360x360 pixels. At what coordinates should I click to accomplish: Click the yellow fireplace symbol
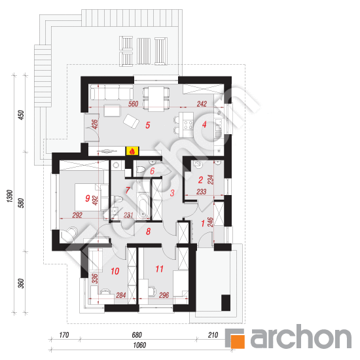click(x=132, y=151)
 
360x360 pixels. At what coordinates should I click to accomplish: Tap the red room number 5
click(x=148, y=125)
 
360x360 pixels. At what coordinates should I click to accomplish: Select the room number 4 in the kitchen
click(x=204, y=124)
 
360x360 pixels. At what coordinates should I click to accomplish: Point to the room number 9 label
click(x=87, y=198)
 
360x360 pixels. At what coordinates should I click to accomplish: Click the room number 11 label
click(x=159, y=269)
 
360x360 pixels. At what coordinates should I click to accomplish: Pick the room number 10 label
click(x=115, y=271)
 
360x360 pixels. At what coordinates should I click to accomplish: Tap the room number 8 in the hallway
click(x=149, y=232)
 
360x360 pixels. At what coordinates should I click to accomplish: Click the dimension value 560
click(x=133, y=104)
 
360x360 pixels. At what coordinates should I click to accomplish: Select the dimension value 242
click(x=202, y=104)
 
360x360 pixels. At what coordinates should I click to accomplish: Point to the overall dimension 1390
click(x=9, y=196)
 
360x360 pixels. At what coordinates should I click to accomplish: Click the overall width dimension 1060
click(x=139, y=345)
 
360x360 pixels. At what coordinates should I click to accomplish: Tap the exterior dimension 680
click(x=137, y=335)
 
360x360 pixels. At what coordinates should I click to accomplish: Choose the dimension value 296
click(x=164, y=295)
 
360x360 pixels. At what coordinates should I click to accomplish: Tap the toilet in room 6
click(x=141, y=170)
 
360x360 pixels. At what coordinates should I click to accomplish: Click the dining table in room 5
click(x=156, y=99)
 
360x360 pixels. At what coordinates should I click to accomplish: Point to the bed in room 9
click(x=88, y=197)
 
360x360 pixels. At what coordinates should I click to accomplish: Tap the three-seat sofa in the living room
click(x=111, y=92)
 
